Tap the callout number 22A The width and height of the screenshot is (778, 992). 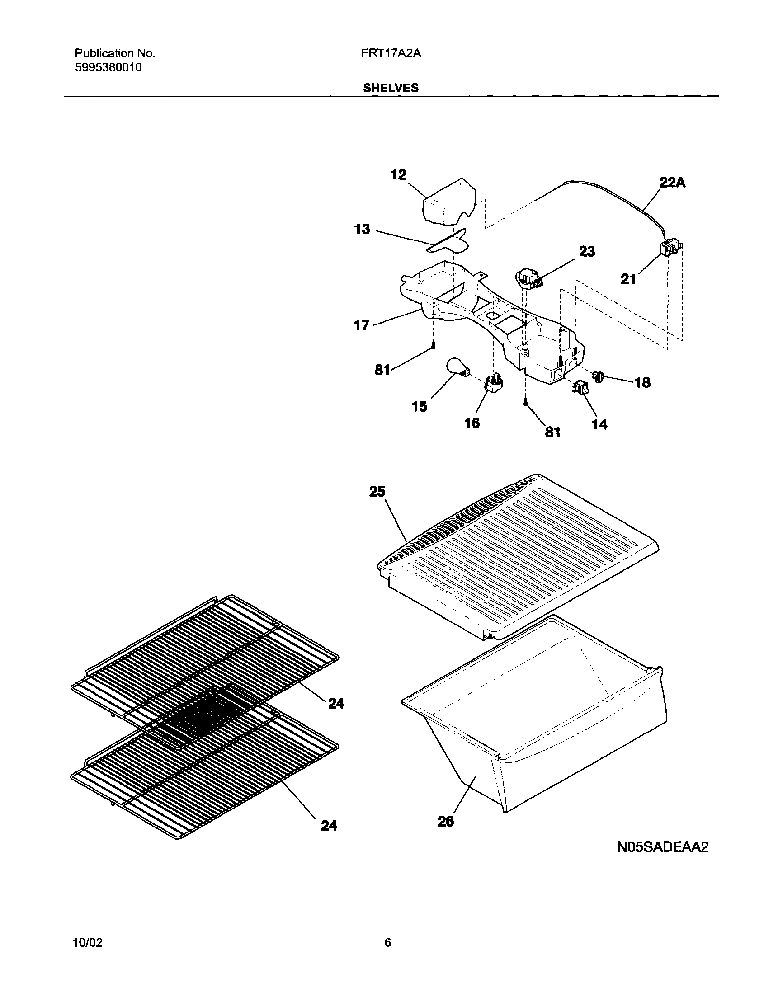coord(673,183)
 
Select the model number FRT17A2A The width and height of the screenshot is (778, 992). coord(391,53)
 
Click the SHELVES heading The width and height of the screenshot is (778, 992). coord(391,88)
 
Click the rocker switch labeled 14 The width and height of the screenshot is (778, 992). coord(581,388)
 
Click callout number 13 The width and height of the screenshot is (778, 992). coord(363,229)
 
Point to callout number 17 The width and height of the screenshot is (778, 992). coord(362,325)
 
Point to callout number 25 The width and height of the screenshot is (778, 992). coord(377,492)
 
